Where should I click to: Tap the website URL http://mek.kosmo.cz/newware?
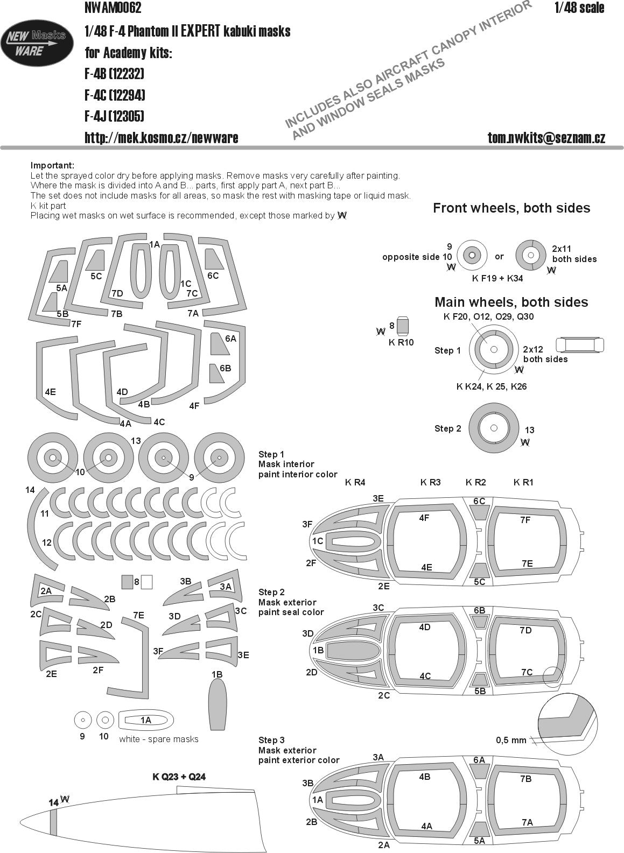point(161,138)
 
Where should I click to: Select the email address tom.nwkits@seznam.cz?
point(546,138)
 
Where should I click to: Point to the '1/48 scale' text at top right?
point(579,8)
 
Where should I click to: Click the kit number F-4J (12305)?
point(114,116)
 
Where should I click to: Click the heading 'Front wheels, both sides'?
point(511,208)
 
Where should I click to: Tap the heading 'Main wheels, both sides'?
point(511,302)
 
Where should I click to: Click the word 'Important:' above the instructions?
point(52,165)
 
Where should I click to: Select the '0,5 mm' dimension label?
point(511,739)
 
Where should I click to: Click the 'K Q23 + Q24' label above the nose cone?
point(179,777)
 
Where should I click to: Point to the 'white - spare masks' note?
point(159,739)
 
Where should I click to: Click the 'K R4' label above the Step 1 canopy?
point(355,482)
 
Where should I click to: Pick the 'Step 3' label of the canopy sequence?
point(271,740)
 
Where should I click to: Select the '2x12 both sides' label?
point(545,354)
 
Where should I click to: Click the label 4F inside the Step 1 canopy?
point(424,518)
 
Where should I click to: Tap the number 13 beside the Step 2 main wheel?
point(529,430)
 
